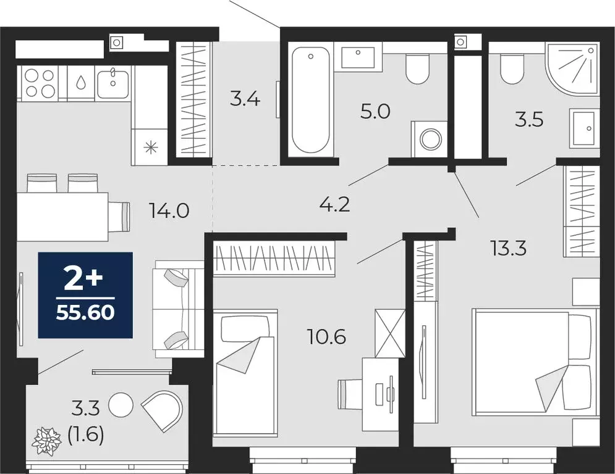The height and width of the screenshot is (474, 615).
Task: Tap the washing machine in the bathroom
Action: pyautogui.click(x=429, y=138)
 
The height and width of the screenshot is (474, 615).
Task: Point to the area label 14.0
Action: pyautogui.click(x=168, y=211)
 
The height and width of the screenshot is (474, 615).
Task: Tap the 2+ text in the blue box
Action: pyautogui.click(x=85, y=281)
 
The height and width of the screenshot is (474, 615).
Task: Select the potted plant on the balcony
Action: pyautogui.click(x=47, y=442)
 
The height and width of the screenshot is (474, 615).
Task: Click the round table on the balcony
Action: pyautogui.click(x=121, y=405)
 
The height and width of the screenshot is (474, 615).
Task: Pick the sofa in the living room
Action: pyautogui.click(x=179, y=309)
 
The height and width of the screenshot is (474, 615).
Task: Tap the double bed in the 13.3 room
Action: pyautogui.click(x=535, y=362)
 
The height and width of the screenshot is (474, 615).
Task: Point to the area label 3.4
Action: pyautogui.click(x=245, y=98)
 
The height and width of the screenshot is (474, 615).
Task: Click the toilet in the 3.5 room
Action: pyautogui.click(x=512, y=69)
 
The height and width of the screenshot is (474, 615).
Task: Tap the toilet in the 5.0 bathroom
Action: pyautogui.click(x=418, y=69)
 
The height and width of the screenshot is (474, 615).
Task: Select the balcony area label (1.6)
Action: pyautogui.click(x=85, y=434)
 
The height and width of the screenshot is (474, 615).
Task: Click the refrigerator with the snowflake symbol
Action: pyautogui.click(x=150, y=147)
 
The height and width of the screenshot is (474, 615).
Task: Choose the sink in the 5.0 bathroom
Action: pyautogui.click(x=358, y=57)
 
